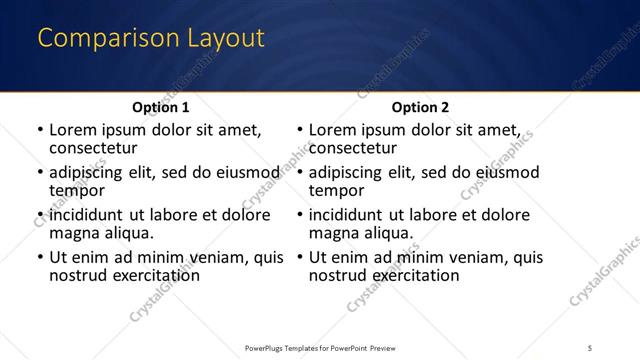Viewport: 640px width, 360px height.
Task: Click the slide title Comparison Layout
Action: tap(151, 38)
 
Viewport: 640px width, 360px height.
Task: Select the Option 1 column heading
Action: tap(160, 107)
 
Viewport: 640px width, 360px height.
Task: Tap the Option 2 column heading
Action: tap(420, 107)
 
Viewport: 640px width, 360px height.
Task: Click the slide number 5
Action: tap(591, 348)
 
